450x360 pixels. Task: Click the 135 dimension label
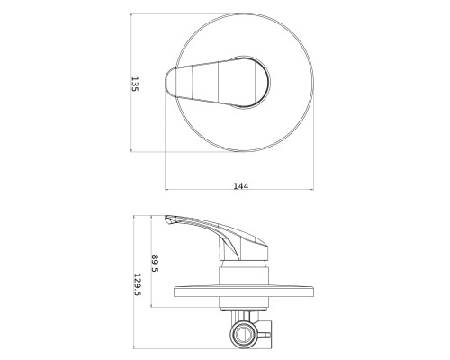[135, 85]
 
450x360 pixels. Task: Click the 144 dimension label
[241, 186]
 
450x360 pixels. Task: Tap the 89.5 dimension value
[155, 263]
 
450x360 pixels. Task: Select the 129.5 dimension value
[137, 284]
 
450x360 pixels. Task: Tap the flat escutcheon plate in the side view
[244, 292]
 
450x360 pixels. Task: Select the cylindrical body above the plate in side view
[244, 275]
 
